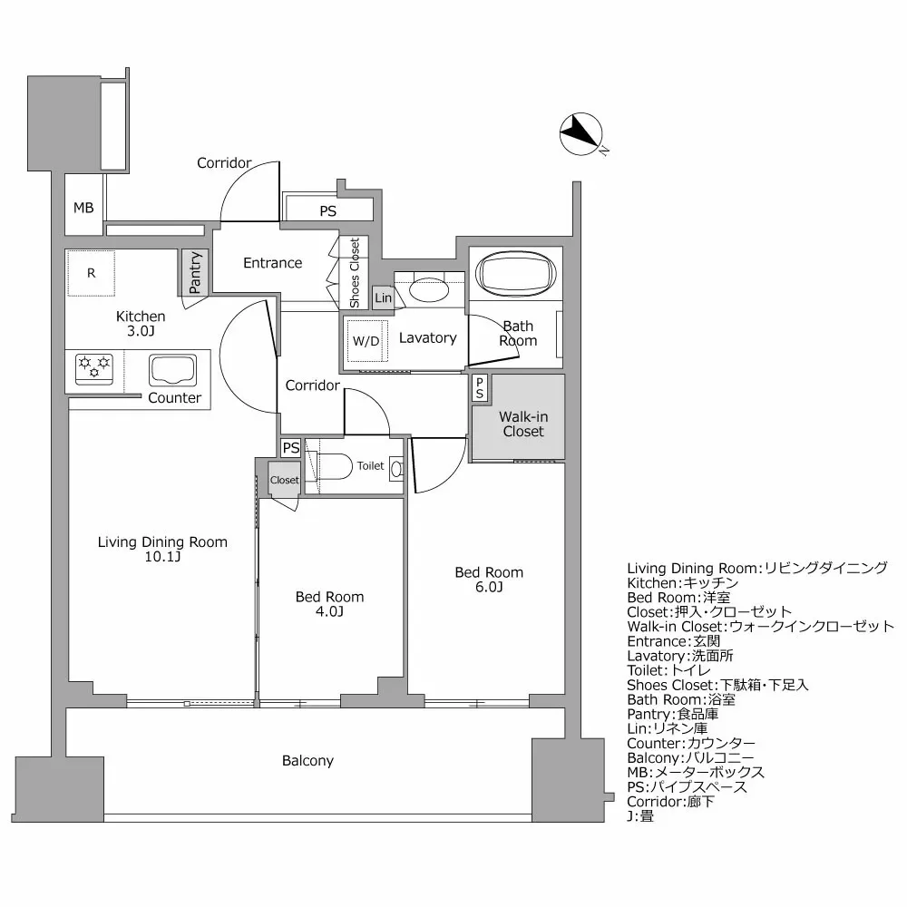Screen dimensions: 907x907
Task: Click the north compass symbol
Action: (579, 134)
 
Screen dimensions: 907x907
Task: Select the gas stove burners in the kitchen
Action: (94, 366)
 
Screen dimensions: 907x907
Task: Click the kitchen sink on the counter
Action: (173, 370)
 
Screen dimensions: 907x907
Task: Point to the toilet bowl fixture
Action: (334, 466)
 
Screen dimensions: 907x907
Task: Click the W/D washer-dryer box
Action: (366, 341)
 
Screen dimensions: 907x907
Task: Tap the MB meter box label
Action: (83, 208)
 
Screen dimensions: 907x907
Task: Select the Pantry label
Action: (195, 271)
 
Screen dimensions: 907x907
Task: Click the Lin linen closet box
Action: (383, 297)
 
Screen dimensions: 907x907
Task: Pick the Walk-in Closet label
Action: (523, 424)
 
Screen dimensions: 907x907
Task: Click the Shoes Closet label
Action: (355, 272)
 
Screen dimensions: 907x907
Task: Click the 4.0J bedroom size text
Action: (329, 611)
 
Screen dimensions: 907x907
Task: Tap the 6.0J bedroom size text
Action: (488, 587)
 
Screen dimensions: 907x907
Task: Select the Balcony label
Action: (307, 761)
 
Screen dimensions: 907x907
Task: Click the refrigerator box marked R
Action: (92, 272)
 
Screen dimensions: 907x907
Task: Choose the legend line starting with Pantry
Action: (673, 714)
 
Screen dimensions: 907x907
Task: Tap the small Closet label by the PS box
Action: (284, 480)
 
